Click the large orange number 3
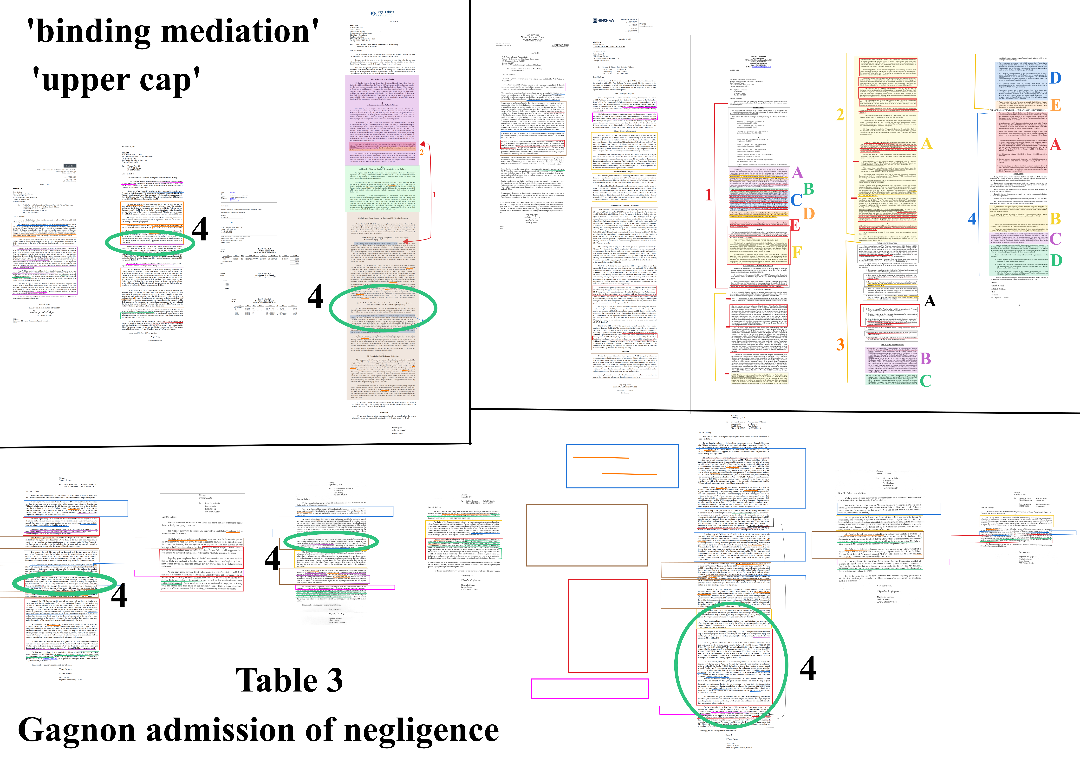click(x=840, y=345)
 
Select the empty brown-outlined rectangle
click(x=587, y=535)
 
